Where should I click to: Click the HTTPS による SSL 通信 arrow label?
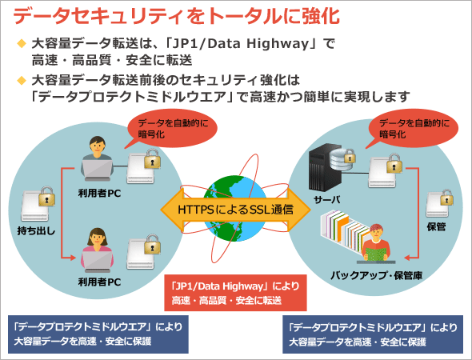point(235,210)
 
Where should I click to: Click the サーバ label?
point(326,199)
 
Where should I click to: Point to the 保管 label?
point(436,226)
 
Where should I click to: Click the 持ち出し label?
point(36,231)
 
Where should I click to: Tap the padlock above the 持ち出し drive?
point(46,196)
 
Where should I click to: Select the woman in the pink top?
point(98,250)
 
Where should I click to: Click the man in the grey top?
point(98,158)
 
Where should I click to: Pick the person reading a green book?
point(376,242)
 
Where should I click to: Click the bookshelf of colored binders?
point(345,230)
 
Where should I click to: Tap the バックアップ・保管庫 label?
point(376,275)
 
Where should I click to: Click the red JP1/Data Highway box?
point(235,293)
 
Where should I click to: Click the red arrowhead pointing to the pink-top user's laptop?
point(73,258)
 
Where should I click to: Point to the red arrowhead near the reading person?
point(407,258)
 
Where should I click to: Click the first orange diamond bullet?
point(22,43)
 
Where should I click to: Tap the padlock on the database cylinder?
point(350,156)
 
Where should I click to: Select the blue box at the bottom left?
point(98,334)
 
